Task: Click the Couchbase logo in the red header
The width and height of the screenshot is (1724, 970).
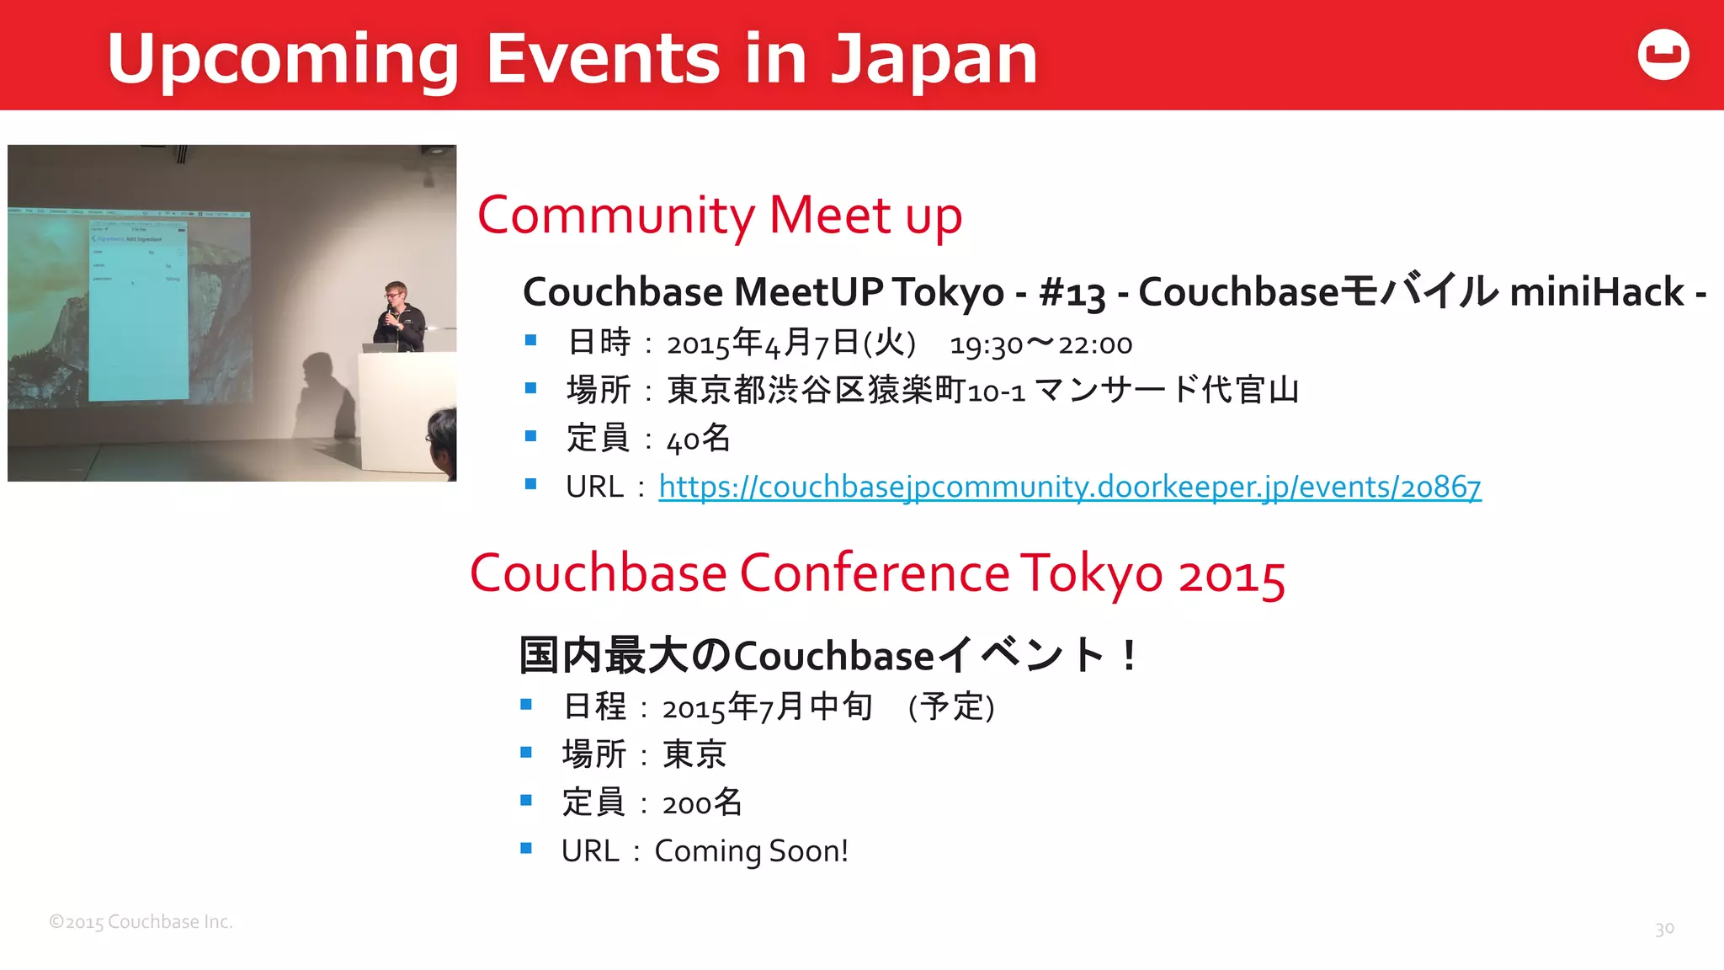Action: coord(1663,55)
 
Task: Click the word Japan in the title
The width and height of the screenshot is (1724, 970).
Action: coord(934,59)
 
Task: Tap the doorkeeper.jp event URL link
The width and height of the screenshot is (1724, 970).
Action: coord(1069,487)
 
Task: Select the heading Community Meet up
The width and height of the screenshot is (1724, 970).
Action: coord(720,216)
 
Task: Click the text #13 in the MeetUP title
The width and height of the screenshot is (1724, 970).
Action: coord(1072,293)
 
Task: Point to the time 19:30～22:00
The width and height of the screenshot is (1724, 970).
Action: coord(1040,344)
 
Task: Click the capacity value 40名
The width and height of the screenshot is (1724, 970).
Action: coord(698,439)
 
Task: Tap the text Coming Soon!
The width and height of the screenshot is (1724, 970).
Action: coord(751,851)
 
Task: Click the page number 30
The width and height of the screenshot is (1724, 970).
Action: coord(1664,929)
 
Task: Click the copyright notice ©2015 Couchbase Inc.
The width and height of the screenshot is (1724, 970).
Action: coord(141,922)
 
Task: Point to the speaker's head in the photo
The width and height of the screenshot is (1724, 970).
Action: coord(396,293)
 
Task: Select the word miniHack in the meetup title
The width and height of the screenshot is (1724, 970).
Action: coord(1596,293)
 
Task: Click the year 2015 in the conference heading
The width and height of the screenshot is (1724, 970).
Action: coord(1231,576)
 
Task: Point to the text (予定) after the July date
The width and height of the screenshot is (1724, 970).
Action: coord(951,706)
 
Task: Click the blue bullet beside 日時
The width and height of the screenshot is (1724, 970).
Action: coord(530,340)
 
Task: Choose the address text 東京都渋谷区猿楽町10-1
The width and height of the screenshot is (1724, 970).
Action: coord(845,391)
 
